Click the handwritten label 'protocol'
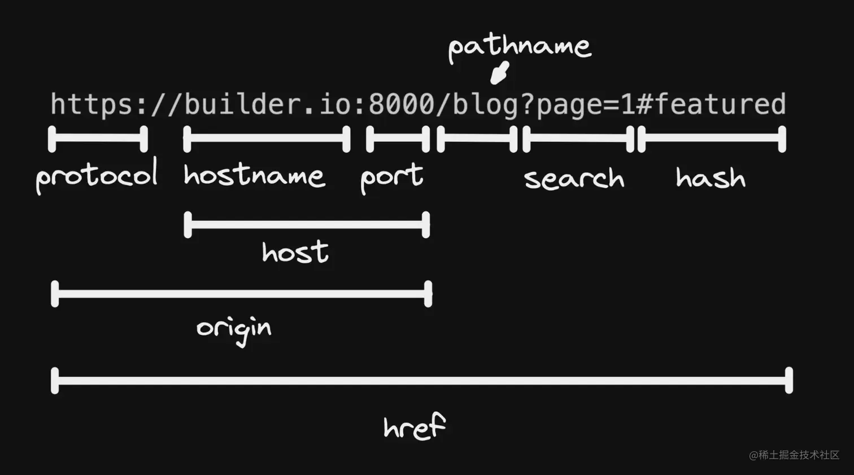(x=97, y=176)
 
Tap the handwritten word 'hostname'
(x=254, y=175)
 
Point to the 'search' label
(x=574, y=178)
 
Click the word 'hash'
(x=711, y=178)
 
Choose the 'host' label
(x=295, y=252)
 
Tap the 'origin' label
(x=234, y=331)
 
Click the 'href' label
(x=415, y=426)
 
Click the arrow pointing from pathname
(x=499, y=73)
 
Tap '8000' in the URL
(x=402, y=104)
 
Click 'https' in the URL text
(x=93, y=104)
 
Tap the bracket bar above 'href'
(x=422, y=381)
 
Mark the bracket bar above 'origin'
(x=241, y=294)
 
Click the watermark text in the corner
(x=794, y=455)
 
